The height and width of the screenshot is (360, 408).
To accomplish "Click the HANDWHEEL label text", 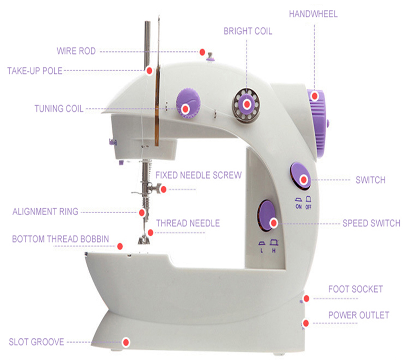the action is (x=313, y=14).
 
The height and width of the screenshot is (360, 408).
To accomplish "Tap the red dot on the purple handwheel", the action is (x=315, y=96).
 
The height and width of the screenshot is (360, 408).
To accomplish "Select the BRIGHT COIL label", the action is (x=248, y=31).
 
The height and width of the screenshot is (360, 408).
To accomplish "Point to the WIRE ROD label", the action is (x=76, y=51).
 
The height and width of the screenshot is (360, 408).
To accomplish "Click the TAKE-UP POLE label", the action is (x=35, y=71).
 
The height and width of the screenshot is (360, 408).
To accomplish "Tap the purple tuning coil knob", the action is (x=188, y=102).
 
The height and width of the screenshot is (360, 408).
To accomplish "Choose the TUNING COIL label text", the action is (x=59, y=108).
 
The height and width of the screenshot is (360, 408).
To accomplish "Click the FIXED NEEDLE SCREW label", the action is (x=198, y=175).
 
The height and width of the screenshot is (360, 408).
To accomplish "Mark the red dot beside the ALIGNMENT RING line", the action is (x=142, y=212).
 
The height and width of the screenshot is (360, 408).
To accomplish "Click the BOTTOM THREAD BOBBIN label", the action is (x=60, y=239).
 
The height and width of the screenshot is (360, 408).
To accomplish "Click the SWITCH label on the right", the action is (x=370, y=180).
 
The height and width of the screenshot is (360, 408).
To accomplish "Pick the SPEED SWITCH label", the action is (x=371, y=223).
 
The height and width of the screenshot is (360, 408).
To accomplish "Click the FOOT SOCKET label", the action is (x=355, y=289).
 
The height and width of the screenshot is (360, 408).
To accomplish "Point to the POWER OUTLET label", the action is (x=359, y=315).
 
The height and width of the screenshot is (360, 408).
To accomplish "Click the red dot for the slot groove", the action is (x=126, y=342).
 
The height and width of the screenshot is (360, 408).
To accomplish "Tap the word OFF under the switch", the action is (x=309, y=207).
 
